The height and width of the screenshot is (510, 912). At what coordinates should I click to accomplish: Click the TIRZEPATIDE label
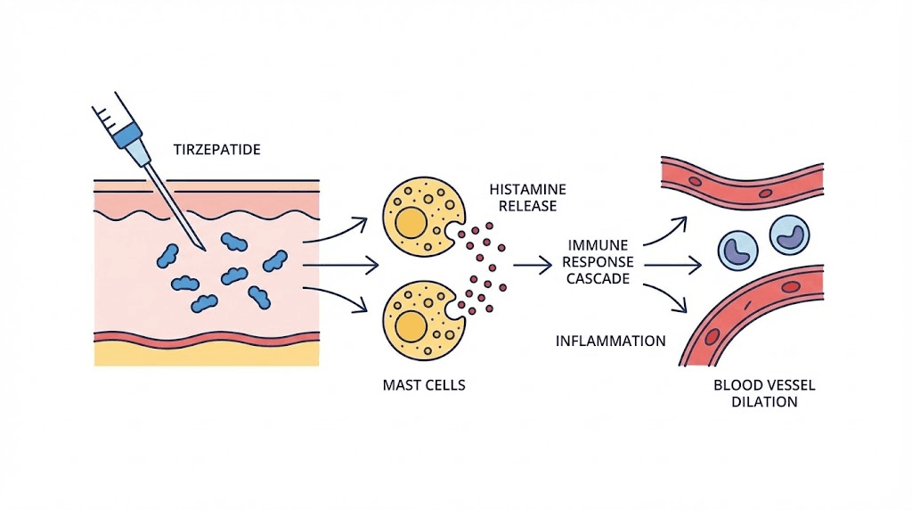218,150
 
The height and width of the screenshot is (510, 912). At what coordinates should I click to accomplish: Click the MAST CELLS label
423,385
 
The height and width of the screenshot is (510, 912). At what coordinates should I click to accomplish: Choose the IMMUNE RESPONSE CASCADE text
599,261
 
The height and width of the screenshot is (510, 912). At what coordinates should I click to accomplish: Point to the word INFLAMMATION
610,341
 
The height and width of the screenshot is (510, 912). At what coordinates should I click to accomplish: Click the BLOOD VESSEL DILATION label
764,393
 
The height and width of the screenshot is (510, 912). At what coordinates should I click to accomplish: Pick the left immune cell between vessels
741,251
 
